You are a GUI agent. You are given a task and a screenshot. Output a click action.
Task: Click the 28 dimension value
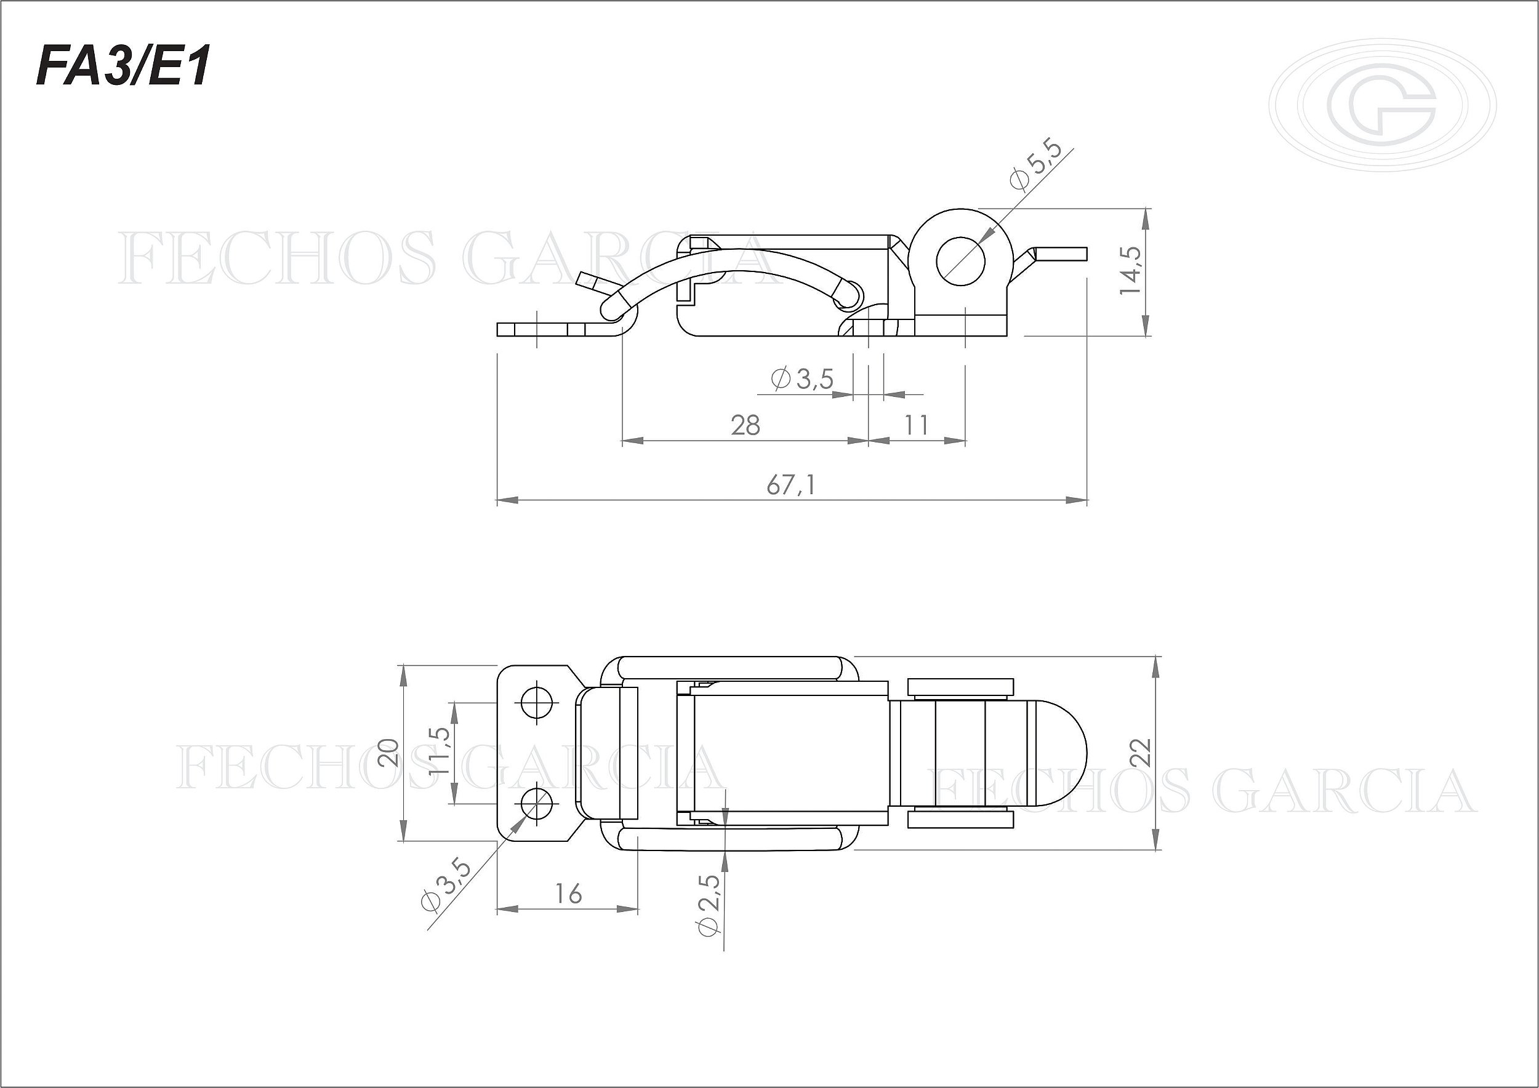click(x=745, y=425)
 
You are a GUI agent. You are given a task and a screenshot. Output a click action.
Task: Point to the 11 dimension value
click(x=915, y=425)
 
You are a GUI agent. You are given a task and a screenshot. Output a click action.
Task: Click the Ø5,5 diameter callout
click(x=1035, y=166)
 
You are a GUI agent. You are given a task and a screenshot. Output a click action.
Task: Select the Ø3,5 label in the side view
click(x=802, y=379)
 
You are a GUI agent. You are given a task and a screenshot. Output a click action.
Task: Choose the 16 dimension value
click(x=568, y=894)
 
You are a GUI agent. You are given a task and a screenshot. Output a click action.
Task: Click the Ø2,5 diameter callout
click(x=709, y=906)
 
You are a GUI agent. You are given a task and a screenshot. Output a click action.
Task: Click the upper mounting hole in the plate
click(x=536, y=702)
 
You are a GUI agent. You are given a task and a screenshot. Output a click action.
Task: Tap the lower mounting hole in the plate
click(x=536, y=802)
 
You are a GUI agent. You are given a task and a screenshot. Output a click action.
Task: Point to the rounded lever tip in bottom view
click(x=1059, y=753)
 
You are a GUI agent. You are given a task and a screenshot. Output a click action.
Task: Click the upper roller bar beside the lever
click(x=960, y=688)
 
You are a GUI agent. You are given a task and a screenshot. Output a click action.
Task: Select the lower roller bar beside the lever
click(x=960, y=819)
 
